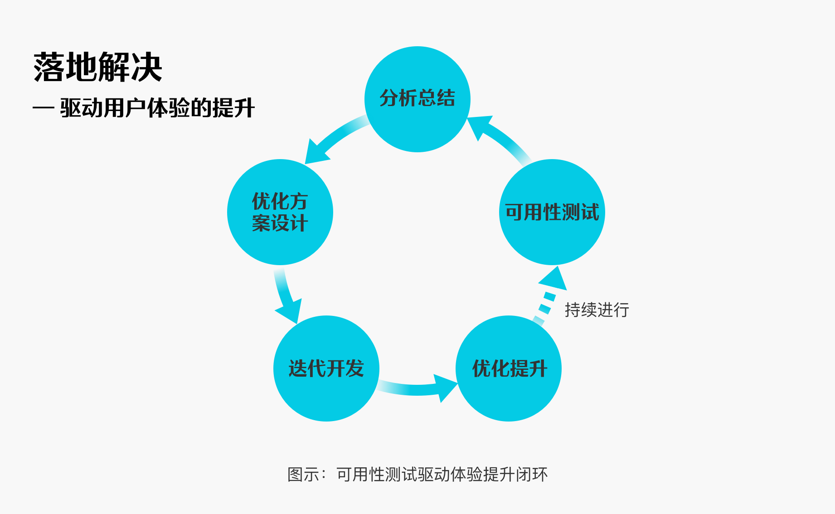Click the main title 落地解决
tap(97, 67)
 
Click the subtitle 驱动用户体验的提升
tap(157, 108)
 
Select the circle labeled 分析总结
tap(417, 99)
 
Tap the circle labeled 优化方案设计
tap(280, 212)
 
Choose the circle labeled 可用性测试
tap(552, 212)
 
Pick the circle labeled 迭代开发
tap(326, 369)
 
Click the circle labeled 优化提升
tap(509, 369)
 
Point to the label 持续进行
tap(597, 310)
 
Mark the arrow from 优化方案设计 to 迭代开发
tap(284, 295)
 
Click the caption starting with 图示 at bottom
tap(417, 475)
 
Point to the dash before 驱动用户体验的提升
tap(44, 108)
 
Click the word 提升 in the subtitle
tap(233, 108)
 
